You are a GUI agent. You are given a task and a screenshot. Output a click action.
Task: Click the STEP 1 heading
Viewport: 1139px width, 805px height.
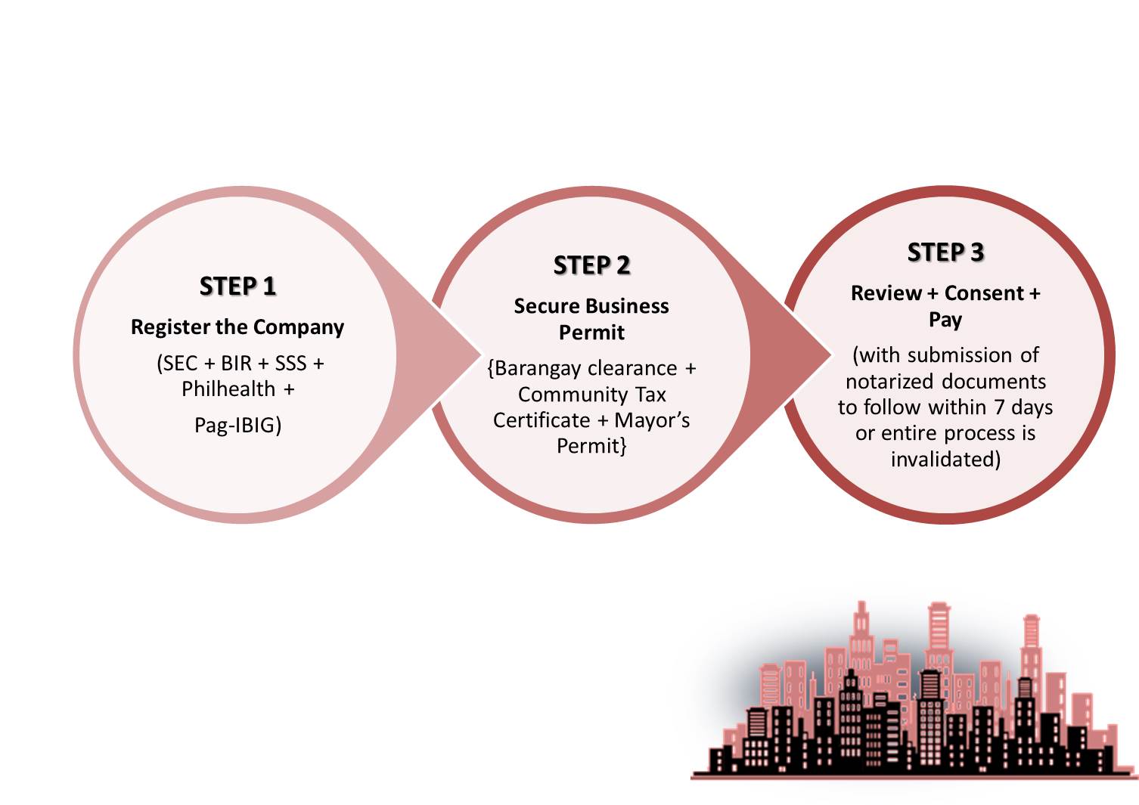pos(237,286)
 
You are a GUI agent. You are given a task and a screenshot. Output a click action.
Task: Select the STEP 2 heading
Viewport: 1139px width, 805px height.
pos(591,265)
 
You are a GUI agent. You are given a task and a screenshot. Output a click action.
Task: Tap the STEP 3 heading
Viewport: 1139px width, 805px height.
pos(945,252)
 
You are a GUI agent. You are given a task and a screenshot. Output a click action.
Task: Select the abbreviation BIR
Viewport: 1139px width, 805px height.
pos(237,364)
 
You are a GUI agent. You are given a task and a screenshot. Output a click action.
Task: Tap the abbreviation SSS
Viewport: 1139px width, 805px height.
pos(291,364)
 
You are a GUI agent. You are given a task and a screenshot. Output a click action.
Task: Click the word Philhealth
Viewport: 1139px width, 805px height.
pos(229,389)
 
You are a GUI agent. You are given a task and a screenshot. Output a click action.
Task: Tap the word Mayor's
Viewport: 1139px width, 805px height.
pos(652,420)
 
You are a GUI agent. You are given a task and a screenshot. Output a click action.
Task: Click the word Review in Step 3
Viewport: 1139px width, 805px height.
pos(886,293)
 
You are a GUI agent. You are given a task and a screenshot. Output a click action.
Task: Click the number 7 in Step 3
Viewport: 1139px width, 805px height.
pos(1000,407)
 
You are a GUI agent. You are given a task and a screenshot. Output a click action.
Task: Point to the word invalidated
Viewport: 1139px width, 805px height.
pos(945,460)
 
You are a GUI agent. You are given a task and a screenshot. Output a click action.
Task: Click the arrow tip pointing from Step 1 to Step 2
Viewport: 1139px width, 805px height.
pos(480,355)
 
